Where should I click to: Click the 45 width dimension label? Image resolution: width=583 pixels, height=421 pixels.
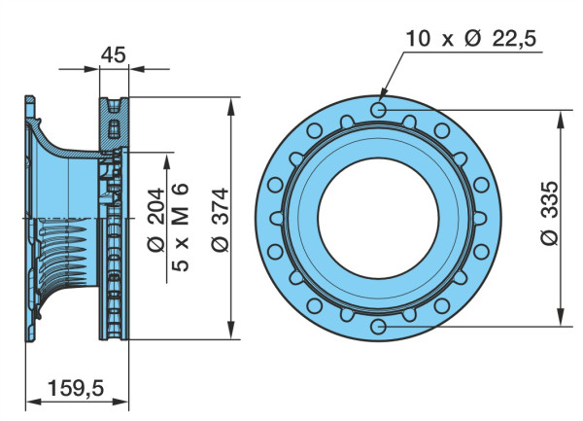[114, 54]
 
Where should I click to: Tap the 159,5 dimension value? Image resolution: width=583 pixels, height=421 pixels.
[76, 389]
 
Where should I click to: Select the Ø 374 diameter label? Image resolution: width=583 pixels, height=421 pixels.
[221, 220]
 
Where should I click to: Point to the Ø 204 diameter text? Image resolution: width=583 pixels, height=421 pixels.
[155, 220]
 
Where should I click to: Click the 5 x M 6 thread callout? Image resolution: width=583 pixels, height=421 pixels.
[181, 227]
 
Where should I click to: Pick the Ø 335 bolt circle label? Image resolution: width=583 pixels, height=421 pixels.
[549, 213]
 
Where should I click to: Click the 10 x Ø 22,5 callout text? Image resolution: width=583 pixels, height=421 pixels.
[470, 38]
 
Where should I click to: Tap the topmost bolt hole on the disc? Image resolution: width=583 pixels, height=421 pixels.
[379, 110]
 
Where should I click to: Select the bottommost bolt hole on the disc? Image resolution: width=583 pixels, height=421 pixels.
[379, 327]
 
